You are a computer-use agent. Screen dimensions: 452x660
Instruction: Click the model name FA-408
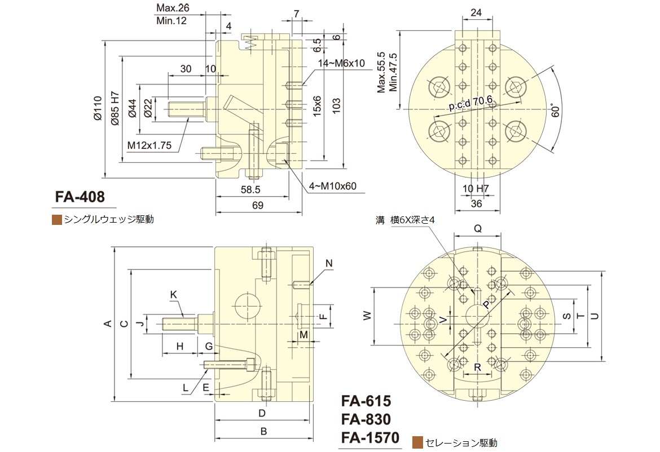coord(80,197)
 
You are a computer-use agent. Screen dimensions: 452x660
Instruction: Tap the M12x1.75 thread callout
coord(149,145)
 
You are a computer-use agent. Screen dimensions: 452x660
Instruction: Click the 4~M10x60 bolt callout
coord(333,186)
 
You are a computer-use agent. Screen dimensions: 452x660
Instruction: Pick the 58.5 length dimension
coord(250,189)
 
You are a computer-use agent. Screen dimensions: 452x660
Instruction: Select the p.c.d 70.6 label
coord(471,103)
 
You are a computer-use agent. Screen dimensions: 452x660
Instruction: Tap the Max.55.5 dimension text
coord(381,72)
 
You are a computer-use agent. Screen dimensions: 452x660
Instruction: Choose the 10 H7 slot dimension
coord(476,188)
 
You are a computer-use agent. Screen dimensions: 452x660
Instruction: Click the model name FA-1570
coord(369,437)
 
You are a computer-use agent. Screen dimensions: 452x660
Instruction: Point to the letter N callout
coord(329,263)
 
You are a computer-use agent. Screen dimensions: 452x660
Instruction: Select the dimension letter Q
coord(477,228)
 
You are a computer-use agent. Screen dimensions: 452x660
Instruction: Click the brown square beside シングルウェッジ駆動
coord(56,219)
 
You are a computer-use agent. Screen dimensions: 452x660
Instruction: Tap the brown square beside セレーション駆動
coord(418,442)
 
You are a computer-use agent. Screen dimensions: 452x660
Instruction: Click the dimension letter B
coord(263,432)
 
